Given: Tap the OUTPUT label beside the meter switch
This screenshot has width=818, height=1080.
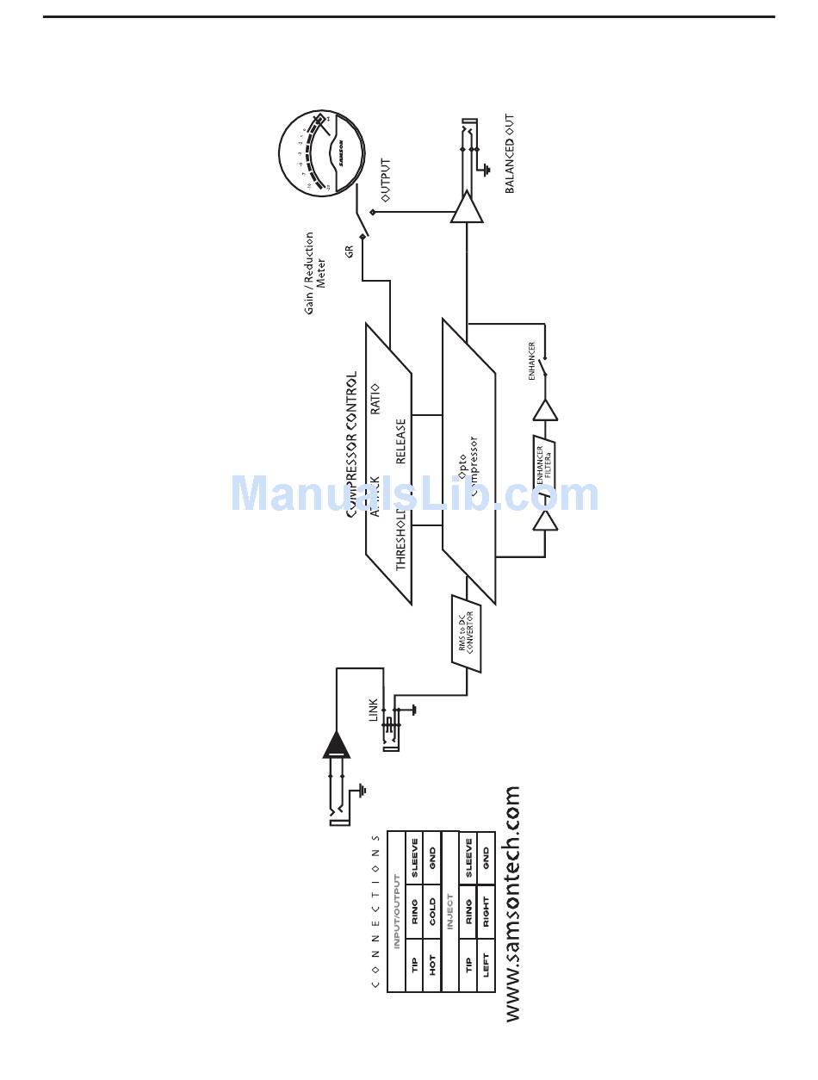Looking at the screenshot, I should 386,180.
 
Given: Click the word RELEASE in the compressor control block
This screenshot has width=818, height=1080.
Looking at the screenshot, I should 401,441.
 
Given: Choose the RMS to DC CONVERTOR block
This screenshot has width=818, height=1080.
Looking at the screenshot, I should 466,633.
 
